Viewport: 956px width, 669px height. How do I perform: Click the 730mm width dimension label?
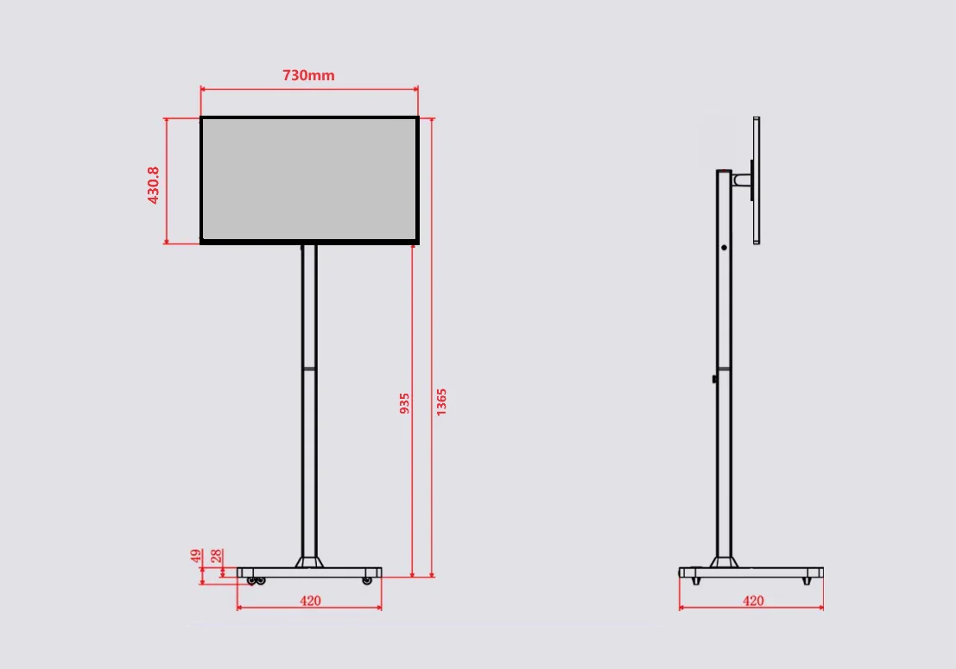308,75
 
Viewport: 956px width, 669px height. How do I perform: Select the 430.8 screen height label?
154,185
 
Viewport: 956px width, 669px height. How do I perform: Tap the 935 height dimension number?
404,403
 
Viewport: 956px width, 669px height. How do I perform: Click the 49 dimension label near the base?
197,557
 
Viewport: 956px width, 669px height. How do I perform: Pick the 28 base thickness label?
217,557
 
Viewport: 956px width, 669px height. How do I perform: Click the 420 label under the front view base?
310,601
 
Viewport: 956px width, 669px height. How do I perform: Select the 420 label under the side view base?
753,601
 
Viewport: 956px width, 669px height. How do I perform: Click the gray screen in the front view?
309,180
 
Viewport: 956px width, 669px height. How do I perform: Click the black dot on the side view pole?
724,248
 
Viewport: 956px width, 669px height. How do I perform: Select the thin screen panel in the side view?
757,180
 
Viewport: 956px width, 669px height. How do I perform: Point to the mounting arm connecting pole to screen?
742,180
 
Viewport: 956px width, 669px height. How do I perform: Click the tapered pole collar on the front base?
309,562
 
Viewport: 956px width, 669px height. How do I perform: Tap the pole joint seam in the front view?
309,369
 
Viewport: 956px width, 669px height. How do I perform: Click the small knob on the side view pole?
714,378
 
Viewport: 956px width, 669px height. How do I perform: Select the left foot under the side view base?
697,581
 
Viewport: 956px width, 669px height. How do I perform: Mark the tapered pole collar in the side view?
724,562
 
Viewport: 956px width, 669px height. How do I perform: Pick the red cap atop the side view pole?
724,171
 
